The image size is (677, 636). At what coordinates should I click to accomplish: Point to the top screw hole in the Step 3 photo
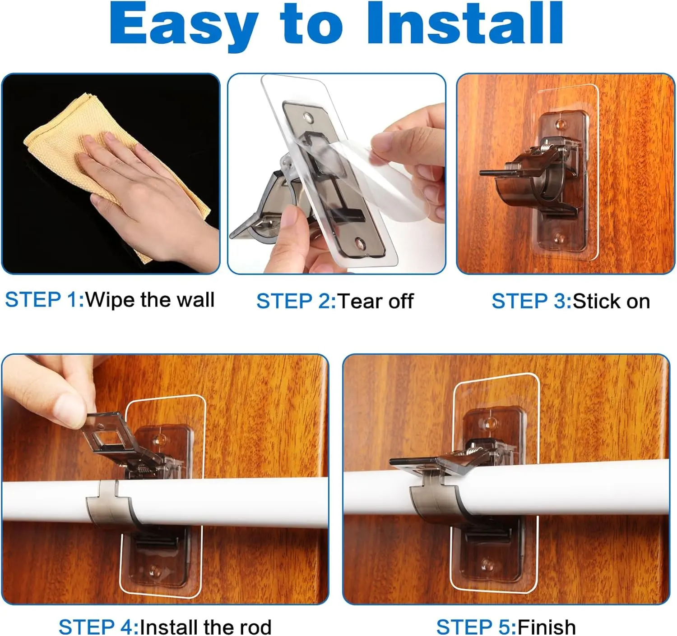click(x=559, y=124)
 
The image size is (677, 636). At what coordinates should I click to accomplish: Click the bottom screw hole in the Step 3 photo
click(x=559, y=237)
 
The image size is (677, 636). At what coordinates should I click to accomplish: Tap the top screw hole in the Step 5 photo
click(x=490, y=424)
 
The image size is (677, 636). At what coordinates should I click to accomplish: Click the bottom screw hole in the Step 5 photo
click(x=487, y=566)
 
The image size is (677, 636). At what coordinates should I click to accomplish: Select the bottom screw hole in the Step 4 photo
click(x=155, y=572)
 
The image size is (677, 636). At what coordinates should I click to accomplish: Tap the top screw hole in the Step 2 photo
click(x=309, y=118)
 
